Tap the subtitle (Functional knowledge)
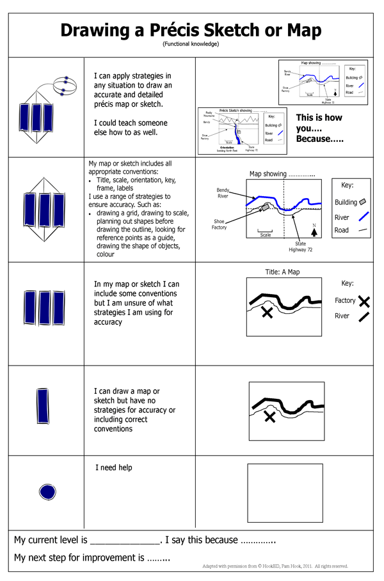[x=191, y=44]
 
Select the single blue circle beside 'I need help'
[x=49, y=492]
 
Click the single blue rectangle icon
[x=44, y=406]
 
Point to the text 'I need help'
[x=114, y=468]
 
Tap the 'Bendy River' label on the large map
[x=222, y=192]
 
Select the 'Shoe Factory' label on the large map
[x=219, y=224]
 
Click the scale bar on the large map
[x=265, y=231]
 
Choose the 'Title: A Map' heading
[x=282, y=272]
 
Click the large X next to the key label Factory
[x=364, y=301]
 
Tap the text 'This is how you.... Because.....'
[x=319, y=128]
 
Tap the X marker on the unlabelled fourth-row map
[x=269, y=417]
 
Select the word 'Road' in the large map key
[x=342, y=230]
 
